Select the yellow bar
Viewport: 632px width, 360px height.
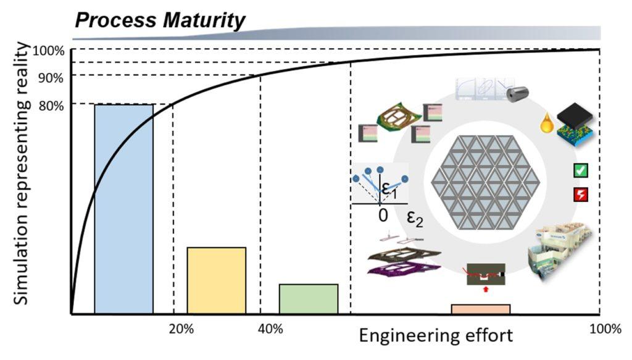216,280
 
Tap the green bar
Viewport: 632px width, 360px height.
309,299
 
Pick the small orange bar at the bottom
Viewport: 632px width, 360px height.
481,309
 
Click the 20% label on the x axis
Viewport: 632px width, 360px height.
181,329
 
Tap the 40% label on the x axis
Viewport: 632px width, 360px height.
270,329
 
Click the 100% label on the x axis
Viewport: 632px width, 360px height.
605,329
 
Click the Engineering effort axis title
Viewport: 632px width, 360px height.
436,337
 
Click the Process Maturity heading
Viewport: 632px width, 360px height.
160,20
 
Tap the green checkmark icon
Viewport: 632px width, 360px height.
581,169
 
